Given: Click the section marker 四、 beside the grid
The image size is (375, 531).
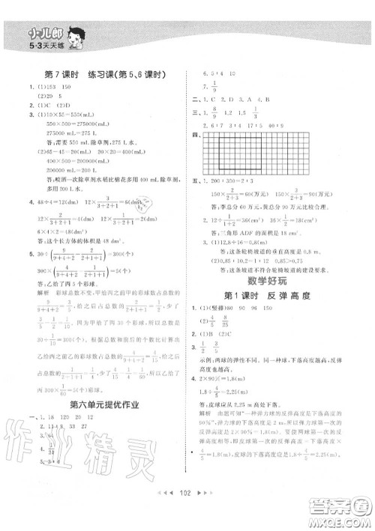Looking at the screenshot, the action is pos(196,136).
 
